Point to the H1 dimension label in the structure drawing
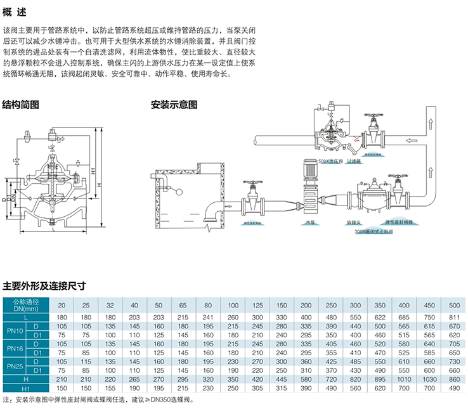93,172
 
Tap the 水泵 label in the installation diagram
310,224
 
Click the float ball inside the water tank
179,195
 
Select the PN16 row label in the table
15,347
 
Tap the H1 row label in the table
25,387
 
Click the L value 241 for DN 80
207,316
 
